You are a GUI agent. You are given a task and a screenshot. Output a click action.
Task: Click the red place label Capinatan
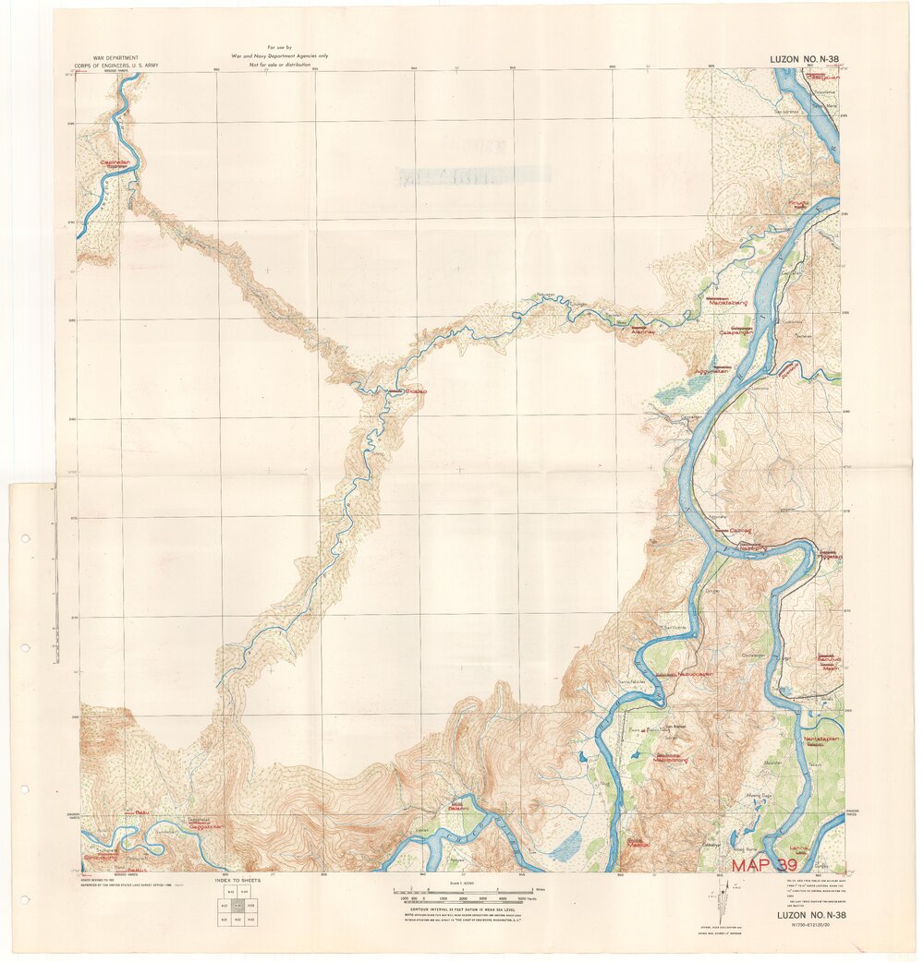(116, 162)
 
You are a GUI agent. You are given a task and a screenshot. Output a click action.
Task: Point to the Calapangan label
(737, 332)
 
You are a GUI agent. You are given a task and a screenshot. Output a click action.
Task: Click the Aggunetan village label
(711, 372)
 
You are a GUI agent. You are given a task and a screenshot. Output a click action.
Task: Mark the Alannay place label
(642, 331)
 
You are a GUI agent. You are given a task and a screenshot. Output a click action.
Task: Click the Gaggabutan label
(207, 826)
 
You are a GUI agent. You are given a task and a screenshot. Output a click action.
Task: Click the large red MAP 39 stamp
(764, 866)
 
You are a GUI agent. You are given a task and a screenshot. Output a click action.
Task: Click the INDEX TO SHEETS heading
(237, 881)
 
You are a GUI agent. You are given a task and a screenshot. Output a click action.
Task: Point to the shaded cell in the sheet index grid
(237, 908)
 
